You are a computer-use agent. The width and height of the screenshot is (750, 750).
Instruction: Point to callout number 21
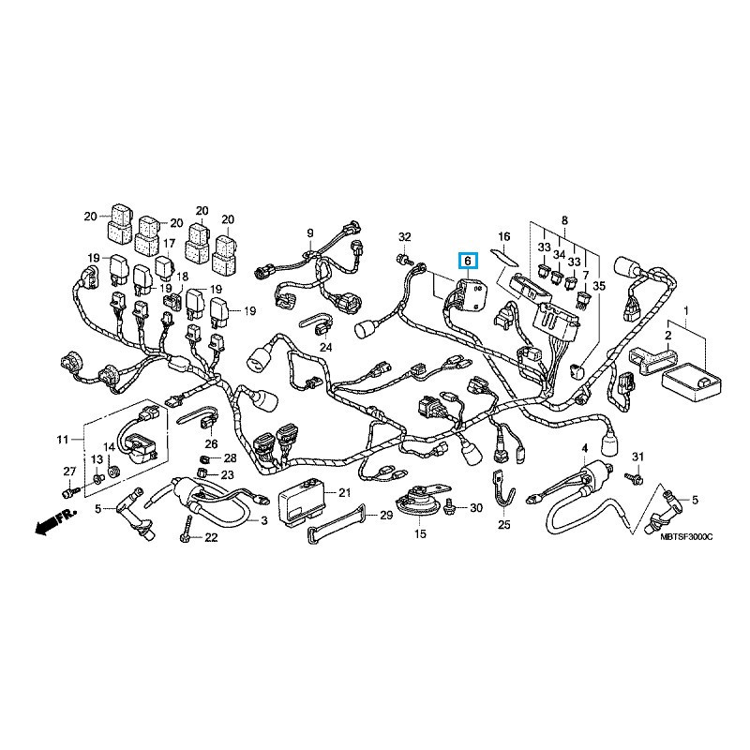click(x=343, y=492)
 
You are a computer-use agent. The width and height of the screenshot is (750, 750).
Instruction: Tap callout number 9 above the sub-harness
click(x=308, y=232)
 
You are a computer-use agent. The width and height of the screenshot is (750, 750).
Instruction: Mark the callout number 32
click(x=404, y=235)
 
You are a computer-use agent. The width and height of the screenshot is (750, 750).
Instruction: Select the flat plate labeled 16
click(x=506, y=254)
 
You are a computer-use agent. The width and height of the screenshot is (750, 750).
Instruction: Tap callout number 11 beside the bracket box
click(x=64, y=439)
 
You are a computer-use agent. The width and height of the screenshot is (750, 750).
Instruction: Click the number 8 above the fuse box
click(x=564, y=220)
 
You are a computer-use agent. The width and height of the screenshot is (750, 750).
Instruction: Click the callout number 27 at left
click(x=68, y=470)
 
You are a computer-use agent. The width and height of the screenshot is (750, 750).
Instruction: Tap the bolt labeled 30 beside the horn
click(x=454, y=507)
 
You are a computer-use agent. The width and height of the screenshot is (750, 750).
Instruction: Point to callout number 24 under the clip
click(x=325, y=347)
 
